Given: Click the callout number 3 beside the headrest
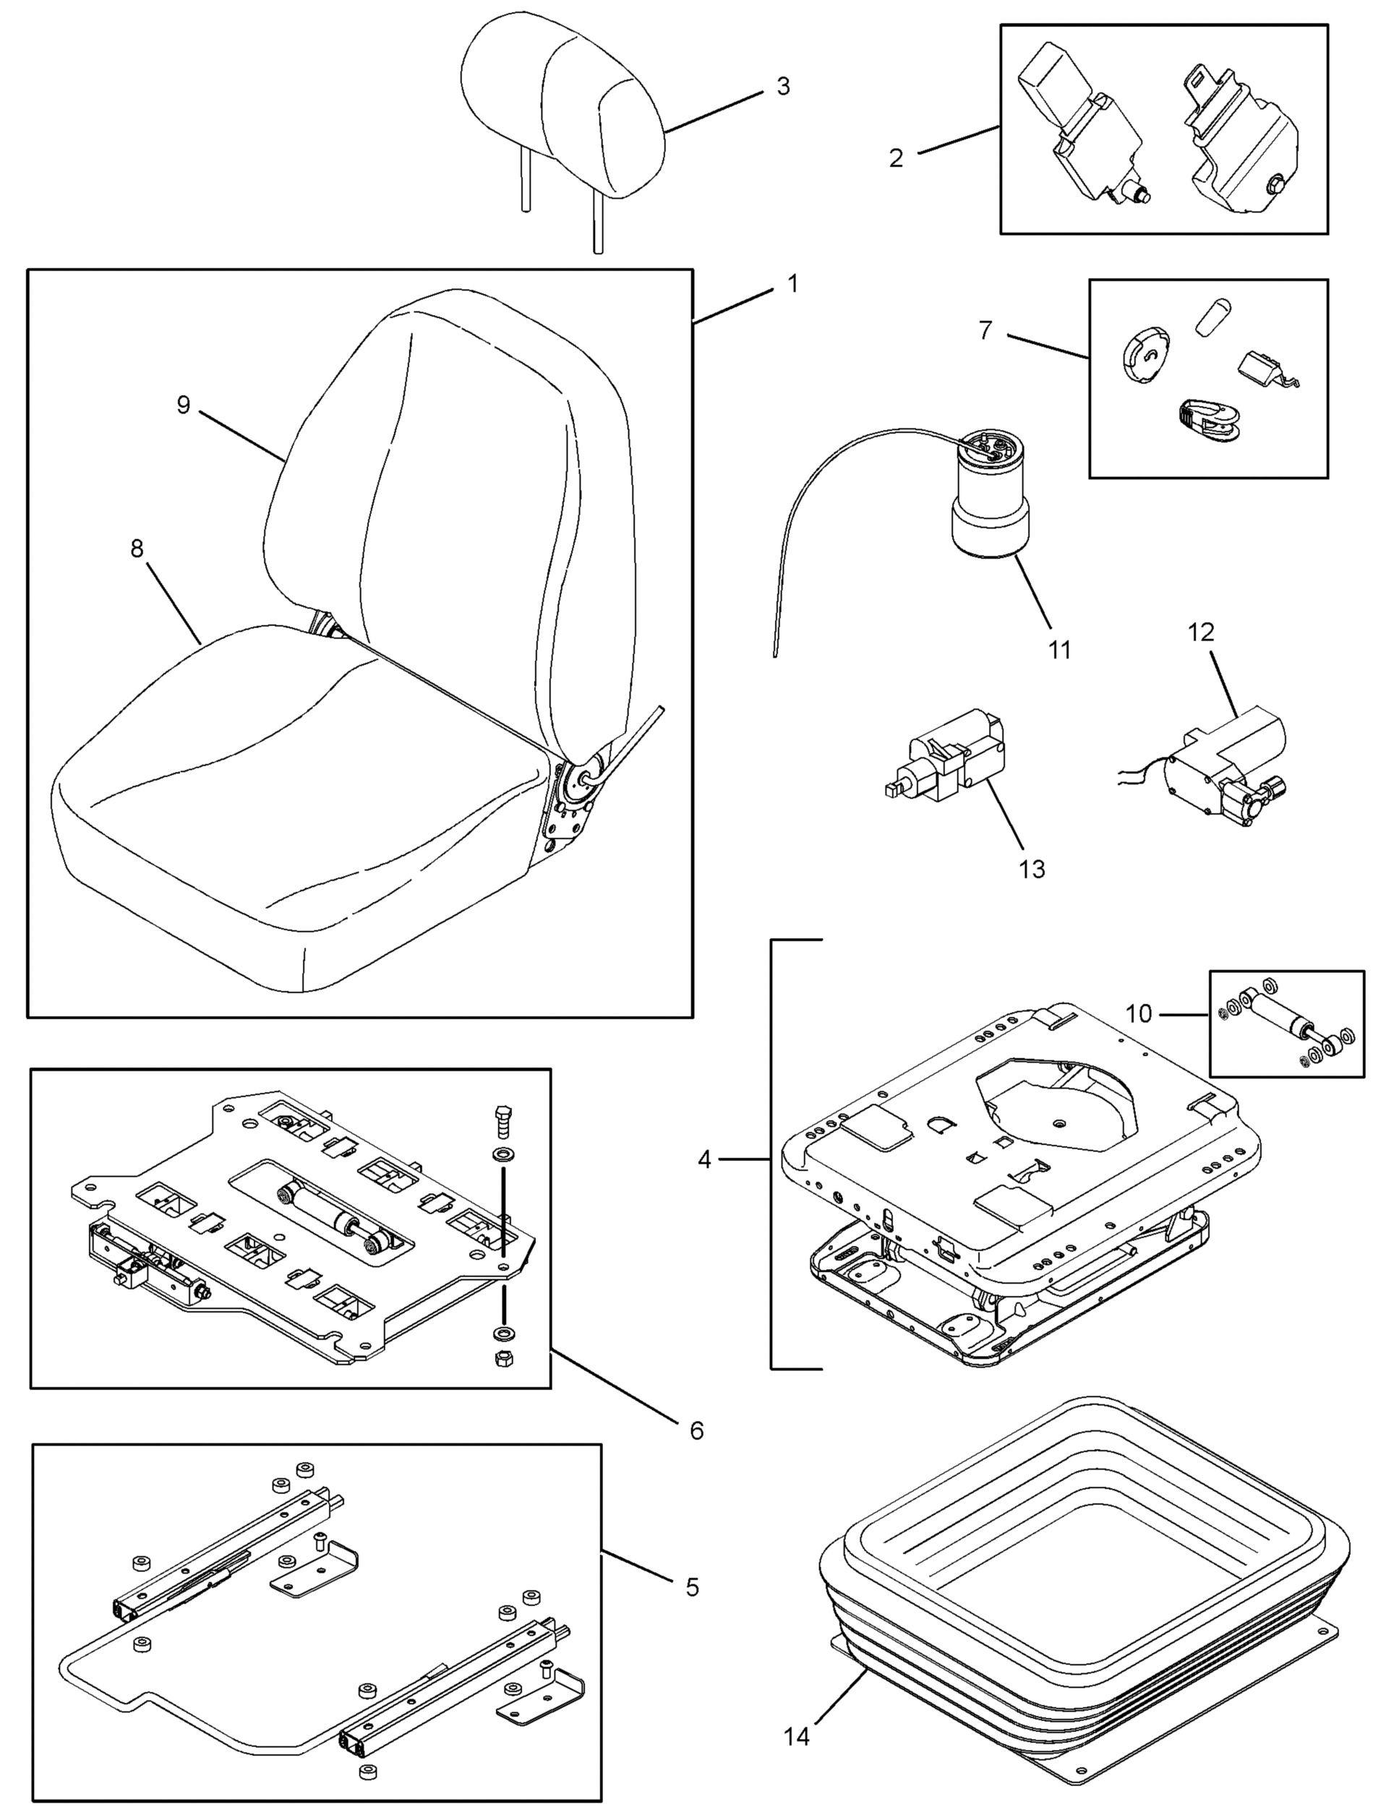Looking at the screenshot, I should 783,87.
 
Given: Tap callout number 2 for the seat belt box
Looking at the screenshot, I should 896,158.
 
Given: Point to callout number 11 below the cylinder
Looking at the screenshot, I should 1059,650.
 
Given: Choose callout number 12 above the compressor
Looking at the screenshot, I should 1201,632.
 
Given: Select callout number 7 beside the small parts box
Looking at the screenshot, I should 986,330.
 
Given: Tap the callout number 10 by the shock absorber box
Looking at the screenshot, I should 1139,1013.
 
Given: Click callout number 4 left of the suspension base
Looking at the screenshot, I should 703,1159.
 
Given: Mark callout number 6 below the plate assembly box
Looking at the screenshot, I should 696,1430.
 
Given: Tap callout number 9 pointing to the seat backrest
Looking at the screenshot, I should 183,405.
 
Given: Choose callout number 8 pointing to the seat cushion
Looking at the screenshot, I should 137,549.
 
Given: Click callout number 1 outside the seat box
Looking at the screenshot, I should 793,284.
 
